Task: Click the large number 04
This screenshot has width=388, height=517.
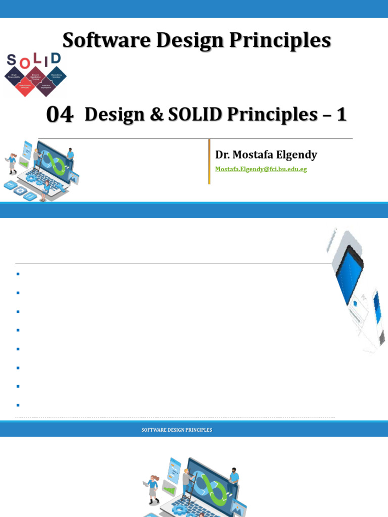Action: click(60, 115)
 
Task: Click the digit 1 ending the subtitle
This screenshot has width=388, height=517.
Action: click(342, 115)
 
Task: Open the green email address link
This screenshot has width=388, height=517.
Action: click(261, 169)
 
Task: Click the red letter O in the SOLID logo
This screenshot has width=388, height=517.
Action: click(23, 63)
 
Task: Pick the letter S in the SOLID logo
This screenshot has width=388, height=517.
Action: click(12, 61)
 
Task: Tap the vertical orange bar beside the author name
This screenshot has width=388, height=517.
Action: click(209, 162)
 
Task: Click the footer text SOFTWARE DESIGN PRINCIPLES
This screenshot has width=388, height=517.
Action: click(176, 430)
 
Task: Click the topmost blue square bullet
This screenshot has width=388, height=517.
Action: click(18, 274)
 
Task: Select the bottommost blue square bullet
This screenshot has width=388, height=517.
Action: click(18, 405)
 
